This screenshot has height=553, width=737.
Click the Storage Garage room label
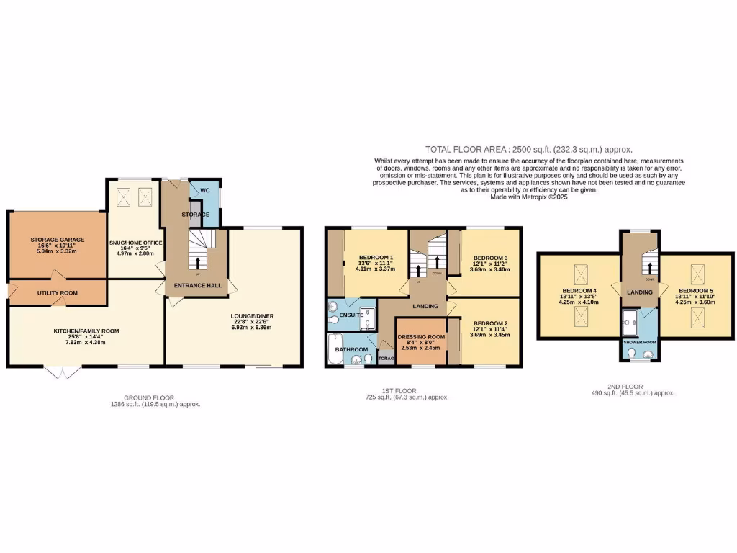58,239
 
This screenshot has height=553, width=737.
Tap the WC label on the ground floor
205,191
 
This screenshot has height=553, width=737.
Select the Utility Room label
58,293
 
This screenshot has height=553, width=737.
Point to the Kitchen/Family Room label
86,331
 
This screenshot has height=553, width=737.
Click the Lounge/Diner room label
253,316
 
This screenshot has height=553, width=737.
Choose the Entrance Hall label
195,286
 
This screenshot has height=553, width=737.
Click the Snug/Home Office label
135,243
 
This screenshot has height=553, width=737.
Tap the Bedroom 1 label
376,258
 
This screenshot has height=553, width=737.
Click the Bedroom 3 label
489,258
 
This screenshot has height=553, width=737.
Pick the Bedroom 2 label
489,323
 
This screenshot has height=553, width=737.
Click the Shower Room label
638,342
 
